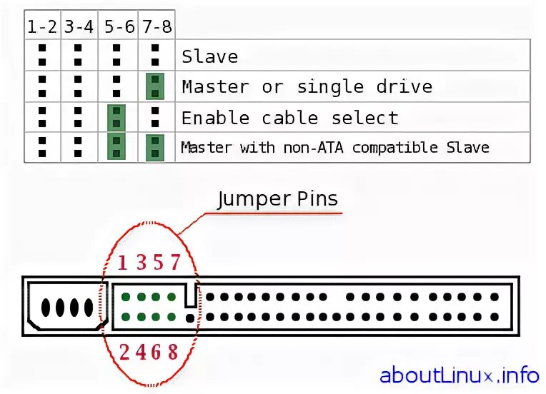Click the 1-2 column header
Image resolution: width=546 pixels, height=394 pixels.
click(x=42, y=27)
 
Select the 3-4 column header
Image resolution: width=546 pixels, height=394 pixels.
click(x=79, y=27)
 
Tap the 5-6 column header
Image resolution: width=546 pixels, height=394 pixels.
click(x=116, y=27)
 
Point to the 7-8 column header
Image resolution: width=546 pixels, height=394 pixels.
click(x=155, y=27)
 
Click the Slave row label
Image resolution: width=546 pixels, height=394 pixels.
click(x=209, y=56)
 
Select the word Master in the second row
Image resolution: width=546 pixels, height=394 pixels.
click(x=215, y=87)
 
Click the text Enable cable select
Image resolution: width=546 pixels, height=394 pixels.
click(x=289, y=118)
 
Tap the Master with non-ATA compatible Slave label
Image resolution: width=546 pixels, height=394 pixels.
click(x=335, y=148)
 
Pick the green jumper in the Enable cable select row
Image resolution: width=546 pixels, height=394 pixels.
click(x=116, y=118)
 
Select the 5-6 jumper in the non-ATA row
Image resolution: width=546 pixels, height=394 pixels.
click(x=116, y=148)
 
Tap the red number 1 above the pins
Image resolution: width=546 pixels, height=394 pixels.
click(x=123, y=263)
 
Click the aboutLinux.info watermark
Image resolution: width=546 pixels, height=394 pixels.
click(x=459, y=375)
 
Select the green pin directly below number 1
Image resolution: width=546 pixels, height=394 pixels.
click(x=125, y=297)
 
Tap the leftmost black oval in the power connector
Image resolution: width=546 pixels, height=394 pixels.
click(x=46, y=308)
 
